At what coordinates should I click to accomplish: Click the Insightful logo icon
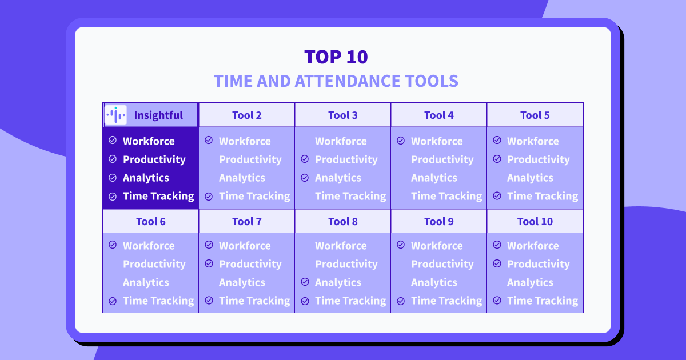pos(115,115)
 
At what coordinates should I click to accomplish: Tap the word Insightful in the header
pos(158,115)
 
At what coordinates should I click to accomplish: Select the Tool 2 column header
pos(247,115)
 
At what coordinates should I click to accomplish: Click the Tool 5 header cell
pos(535,115)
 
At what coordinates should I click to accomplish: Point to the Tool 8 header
pos(342,221)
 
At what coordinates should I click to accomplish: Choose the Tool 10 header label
pos(535,221)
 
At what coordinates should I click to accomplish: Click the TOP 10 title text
pos(336,57)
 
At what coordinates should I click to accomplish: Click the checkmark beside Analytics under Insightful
pos(113,178)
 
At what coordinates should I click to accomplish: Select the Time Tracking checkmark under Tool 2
pos(209,196)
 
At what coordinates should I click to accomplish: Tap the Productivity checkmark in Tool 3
pos(305,159)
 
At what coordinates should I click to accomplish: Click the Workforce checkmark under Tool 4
pos(401,141)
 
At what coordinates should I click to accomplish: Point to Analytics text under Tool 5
pos(530,178)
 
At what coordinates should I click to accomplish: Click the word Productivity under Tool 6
pos(154,264)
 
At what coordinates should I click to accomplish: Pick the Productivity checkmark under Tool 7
pos(209,263)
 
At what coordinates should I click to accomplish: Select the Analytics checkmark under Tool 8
pos(305,282)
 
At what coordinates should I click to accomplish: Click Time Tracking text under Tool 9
pos(446,301)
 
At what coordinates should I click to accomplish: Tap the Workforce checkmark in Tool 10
pos(497,245)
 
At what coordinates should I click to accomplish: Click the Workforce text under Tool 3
pos(341,141)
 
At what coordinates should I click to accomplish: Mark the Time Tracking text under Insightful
pos(159,196)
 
